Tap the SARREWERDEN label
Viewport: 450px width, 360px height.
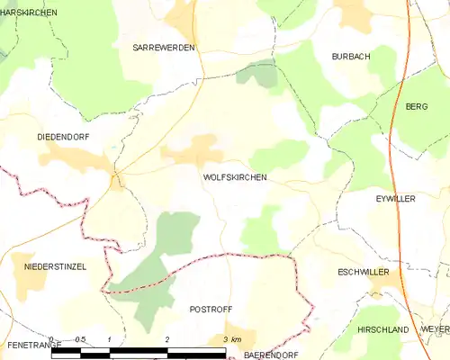(164, 47)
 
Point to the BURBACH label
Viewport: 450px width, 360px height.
(351, 56)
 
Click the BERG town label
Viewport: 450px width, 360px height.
(417, 106)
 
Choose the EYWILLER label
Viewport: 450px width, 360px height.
(395, 198)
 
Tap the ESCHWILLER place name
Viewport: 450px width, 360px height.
(364, 271)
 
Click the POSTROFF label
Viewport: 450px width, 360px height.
(211, 309)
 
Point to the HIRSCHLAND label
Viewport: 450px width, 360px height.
(383, 330)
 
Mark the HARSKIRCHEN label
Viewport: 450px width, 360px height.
(29, 13)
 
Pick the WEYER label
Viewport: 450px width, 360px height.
(434, 330)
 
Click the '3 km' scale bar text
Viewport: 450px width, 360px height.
(231, 339)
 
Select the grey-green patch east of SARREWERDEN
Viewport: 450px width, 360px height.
(257, 74)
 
